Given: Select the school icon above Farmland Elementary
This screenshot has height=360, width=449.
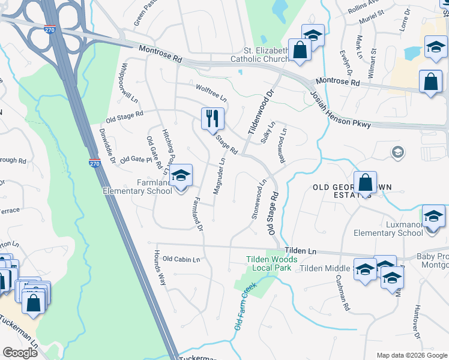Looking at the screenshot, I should tap(179, 175).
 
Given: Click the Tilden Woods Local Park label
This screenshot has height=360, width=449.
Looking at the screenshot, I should tap(268, 263).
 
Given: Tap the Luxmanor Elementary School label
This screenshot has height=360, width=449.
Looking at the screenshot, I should tap(388, 229).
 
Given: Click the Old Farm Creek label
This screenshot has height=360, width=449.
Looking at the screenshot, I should tap(246, 305).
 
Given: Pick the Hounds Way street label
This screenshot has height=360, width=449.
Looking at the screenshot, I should tap(160, 267).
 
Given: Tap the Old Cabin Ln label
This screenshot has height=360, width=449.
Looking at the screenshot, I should tap(181, 259).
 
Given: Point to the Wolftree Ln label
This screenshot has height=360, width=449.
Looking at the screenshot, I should tap(211, 92).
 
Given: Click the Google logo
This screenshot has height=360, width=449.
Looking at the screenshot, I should tap(19, 352).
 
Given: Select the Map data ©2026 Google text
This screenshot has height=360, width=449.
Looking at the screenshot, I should tap(412, 355).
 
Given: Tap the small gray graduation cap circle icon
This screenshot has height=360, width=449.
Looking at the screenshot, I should tap(396, 152).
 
